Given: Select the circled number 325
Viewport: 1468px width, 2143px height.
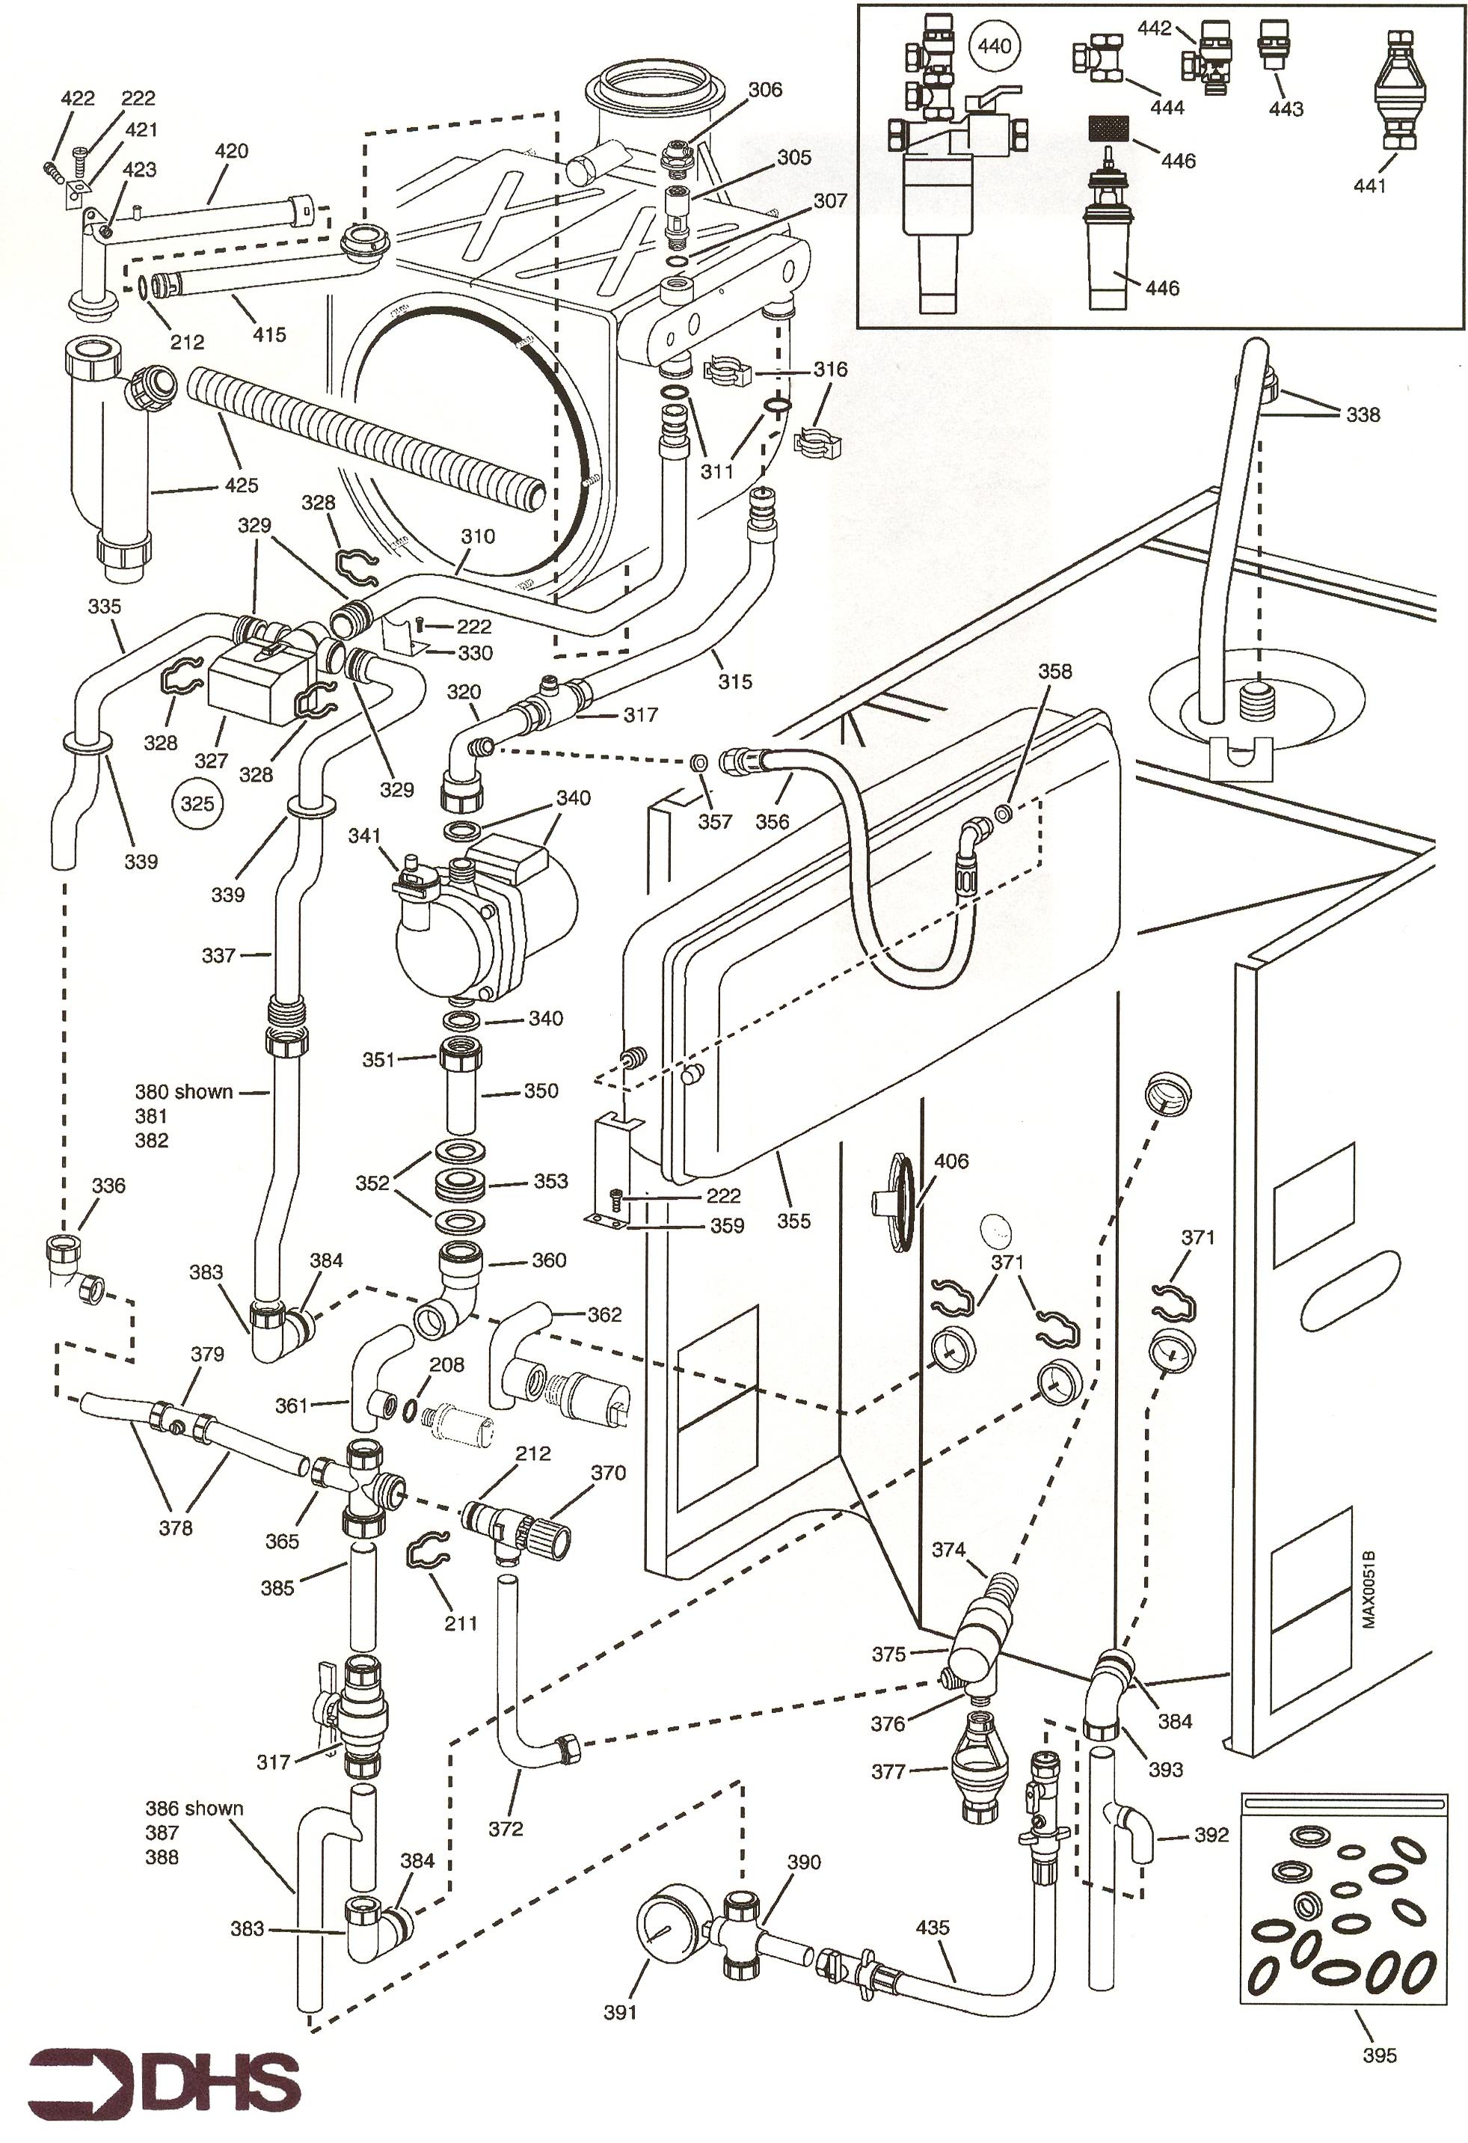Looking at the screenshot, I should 197,803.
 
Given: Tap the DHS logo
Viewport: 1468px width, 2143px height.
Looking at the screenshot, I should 164,2081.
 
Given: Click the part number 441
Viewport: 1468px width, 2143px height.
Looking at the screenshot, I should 1369,186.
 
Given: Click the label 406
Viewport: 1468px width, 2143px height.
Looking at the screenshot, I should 950,1161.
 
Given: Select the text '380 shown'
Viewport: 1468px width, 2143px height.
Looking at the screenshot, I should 183,1092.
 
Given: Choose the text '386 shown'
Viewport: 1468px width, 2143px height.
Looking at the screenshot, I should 194,1808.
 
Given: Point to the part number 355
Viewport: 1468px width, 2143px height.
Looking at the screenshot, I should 793,1221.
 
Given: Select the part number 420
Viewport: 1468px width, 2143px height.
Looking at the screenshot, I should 230,150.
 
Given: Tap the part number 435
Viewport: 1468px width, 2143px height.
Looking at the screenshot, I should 933,1928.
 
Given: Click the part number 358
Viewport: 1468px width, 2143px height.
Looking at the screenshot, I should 1055,671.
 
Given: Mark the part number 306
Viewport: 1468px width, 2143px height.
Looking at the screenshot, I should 764,90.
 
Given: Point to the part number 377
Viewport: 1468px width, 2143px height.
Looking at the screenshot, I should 888,1771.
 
